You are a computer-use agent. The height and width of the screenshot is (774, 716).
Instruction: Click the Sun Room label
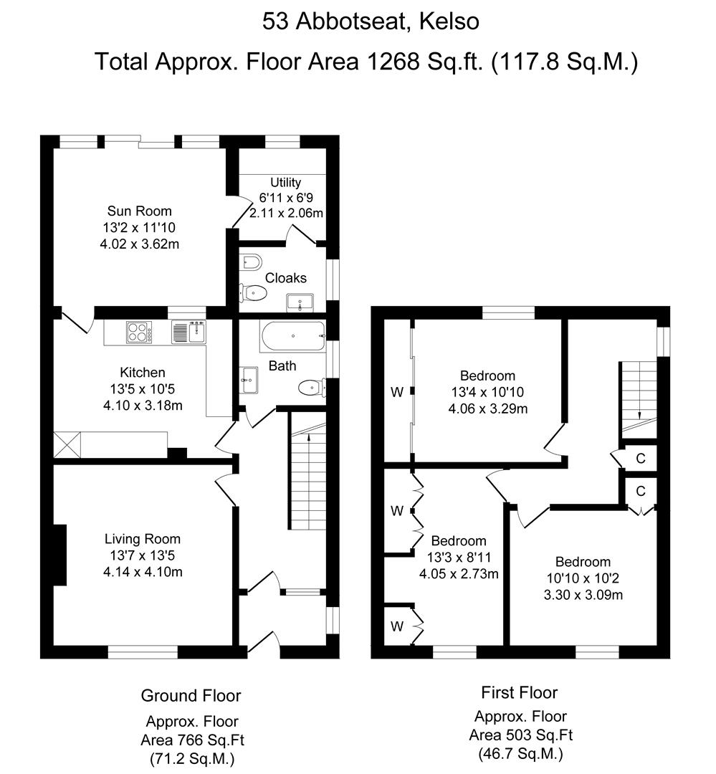pyautogui.click(x=140, y=211)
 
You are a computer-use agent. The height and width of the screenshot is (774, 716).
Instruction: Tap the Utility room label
pyautogui.click(x=285, y=182)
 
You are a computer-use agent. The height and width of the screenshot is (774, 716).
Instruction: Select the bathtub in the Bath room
pyautogui.click(x=292, y=337)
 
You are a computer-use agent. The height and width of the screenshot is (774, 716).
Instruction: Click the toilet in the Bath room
pyautogui.click(x=312, y=387)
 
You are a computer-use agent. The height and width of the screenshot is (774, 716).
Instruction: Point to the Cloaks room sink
pyautogui.click(x=300, y=302)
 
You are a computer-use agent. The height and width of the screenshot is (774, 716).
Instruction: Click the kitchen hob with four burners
pyautogui.click(x=139, y=333)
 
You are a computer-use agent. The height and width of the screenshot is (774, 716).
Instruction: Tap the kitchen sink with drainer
pyautogui.click(x=188, y=332)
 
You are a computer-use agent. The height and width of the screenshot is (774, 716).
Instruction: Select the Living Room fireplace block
pyautogui.click(x=59, y=555)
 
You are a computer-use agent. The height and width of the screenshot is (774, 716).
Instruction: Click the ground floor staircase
pyautogui.click(x=307, y=471)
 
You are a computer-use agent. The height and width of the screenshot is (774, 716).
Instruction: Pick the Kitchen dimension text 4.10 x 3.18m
pyautogui.click(x=143, y=406)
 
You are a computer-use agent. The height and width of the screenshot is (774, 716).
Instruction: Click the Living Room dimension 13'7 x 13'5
pyautogui.click(x=142, y=555)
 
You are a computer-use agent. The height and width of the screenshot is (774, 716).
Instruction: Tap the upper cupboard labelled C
pyautogui.click(x=641, y=459)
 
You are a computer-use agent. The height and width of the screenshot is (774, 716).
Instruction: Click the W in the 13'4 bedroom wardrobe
pyautogui.click(x=397, y=393)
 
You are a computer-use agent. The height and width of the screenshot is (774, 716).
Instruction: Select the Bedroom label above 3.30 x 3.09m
pyautogui.click(x=583, y=562)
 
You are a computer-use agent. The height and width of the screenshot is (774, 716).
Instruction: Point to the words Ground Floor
pyautogui.click(x=191, y=695)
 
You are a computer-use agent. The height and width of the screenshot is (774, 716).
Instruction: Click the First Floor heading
pyautogui.click(x=520, y=692)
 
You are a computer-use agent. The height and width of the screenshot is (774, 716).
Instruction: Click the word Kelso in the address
pyautogui.click(x=449, y=21)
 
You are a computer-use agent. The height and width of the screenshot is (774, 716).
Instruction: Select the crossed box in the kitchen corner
pyautogui.click(x=67, y=445)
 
